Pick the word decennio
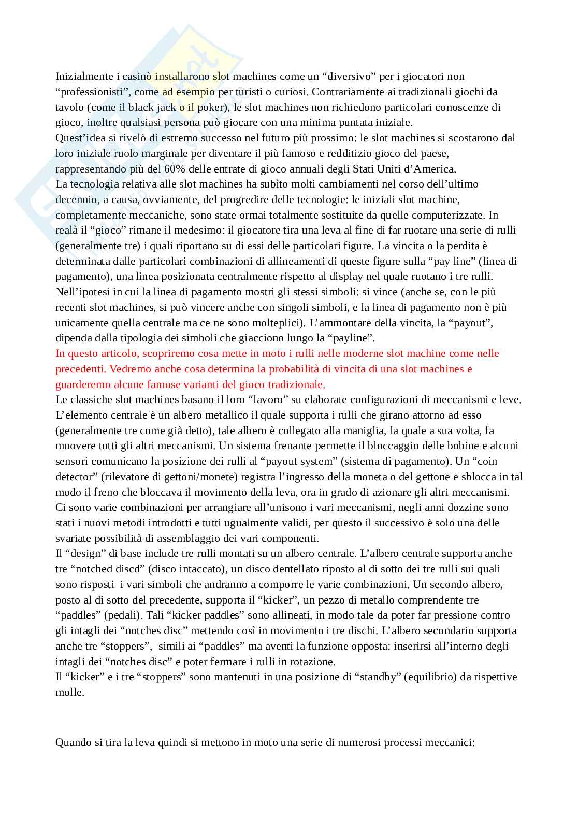[x=75, y=199]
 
